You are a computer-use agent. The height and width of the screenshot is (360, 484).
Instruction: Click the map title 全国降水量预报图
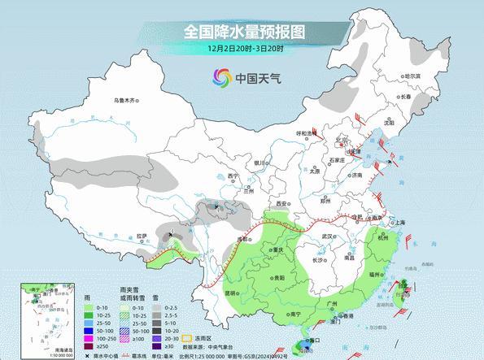pos(242,32)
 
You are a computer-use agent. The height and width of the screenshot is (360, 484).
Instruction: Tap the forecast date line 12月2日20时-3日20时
pos(242,49)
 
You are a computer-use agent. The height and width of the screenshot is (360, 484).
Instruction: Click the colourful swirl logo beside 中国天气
pos(221,77)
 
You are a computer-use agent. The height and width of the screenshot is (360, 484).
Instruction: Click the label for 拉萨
pos(143,236)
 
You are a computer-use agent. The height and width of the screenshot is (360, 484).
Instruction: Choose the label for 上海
pos(399,222)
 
